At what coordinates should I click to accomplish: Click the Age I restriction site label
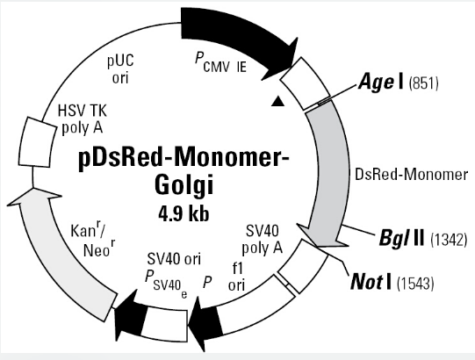coord(381,81)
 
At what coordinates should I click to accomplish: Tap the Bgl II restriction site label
coord(402,238)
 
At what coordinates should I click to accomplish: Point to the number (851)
coord(423,83)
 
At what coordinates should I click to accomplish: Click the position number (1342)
coord(449,240)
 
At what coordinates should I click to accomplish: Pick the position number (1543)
coord(415,284)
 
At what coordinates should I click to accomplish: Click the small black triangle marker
coord(278,101)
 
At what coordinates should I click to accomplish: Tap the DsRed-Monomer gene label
coord(411,175)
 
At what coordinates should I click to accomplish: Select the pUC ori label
coord(120,69)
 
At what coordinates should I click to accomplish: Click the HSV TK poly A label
coord(83,119)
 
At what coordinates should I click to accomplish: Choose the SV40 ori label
coord(174,259)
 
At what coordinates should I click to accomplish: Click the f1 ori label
coord(236,277)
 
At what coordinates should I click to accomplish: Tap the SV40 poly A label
coord(262,240)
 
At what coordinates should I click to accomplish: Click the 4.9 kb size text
coord(184,213)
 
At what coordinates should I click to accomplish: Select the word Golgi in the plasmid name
coord(184,185)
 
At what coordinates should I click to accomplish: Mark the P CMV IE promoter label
coord(220,62)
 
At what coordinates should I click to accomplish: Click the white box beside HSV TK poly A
coord(37,142)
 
